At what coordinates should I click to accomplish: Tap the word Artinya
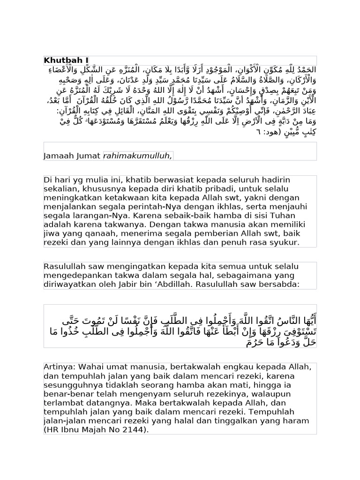coord(59,366)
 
